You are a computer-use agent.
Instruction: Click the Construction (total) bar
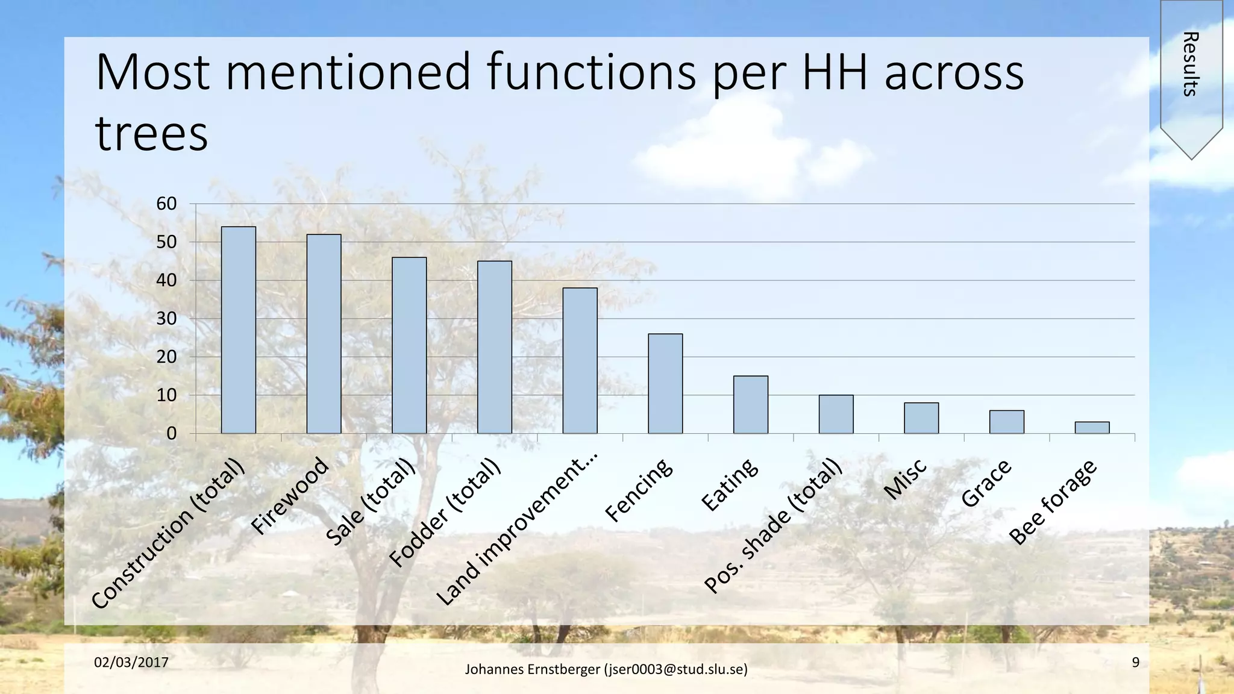(x=239, y=330)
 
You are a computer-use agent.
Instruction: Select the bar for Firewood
(x=324, y=334)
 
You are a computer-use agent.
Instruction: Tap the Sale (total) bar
(x=409, y=345)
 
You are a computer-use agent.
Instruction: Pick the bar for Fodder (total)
(x=495, y=347)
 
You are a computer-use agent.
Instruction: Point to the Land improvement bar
(x=580, y=360)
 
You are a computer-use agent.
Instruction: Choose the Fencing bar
(x=665, y=383)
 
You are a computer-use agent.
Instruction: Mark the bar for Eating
(x=750, y=404)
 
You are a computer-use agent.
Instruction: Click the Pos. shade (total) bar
(x=836, y=414)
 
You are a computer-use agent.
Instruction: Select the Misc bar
(x=921, y=417)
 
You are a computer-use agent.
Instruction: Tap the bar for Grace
(x=1006, y=422)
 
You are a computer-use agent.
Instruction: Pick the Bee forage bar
(x=1092, y=427)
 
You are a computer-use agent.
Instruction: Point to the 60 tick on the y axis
(x=166, y=204)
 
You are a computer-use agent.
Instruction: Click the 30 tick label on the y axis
(x=166, y=319)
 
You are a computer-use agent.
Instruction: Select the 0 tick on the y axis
(x=172, y=433)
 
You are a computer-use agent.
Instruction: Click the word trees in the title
(x=152, y=133)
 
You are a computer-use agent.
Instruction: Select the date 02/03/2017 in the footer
(x=131, y=663)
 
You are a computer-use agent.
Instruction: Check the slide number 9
(x=1135, y=663)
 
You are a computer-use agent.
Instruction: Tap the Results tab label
(x=1190, y=63)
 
